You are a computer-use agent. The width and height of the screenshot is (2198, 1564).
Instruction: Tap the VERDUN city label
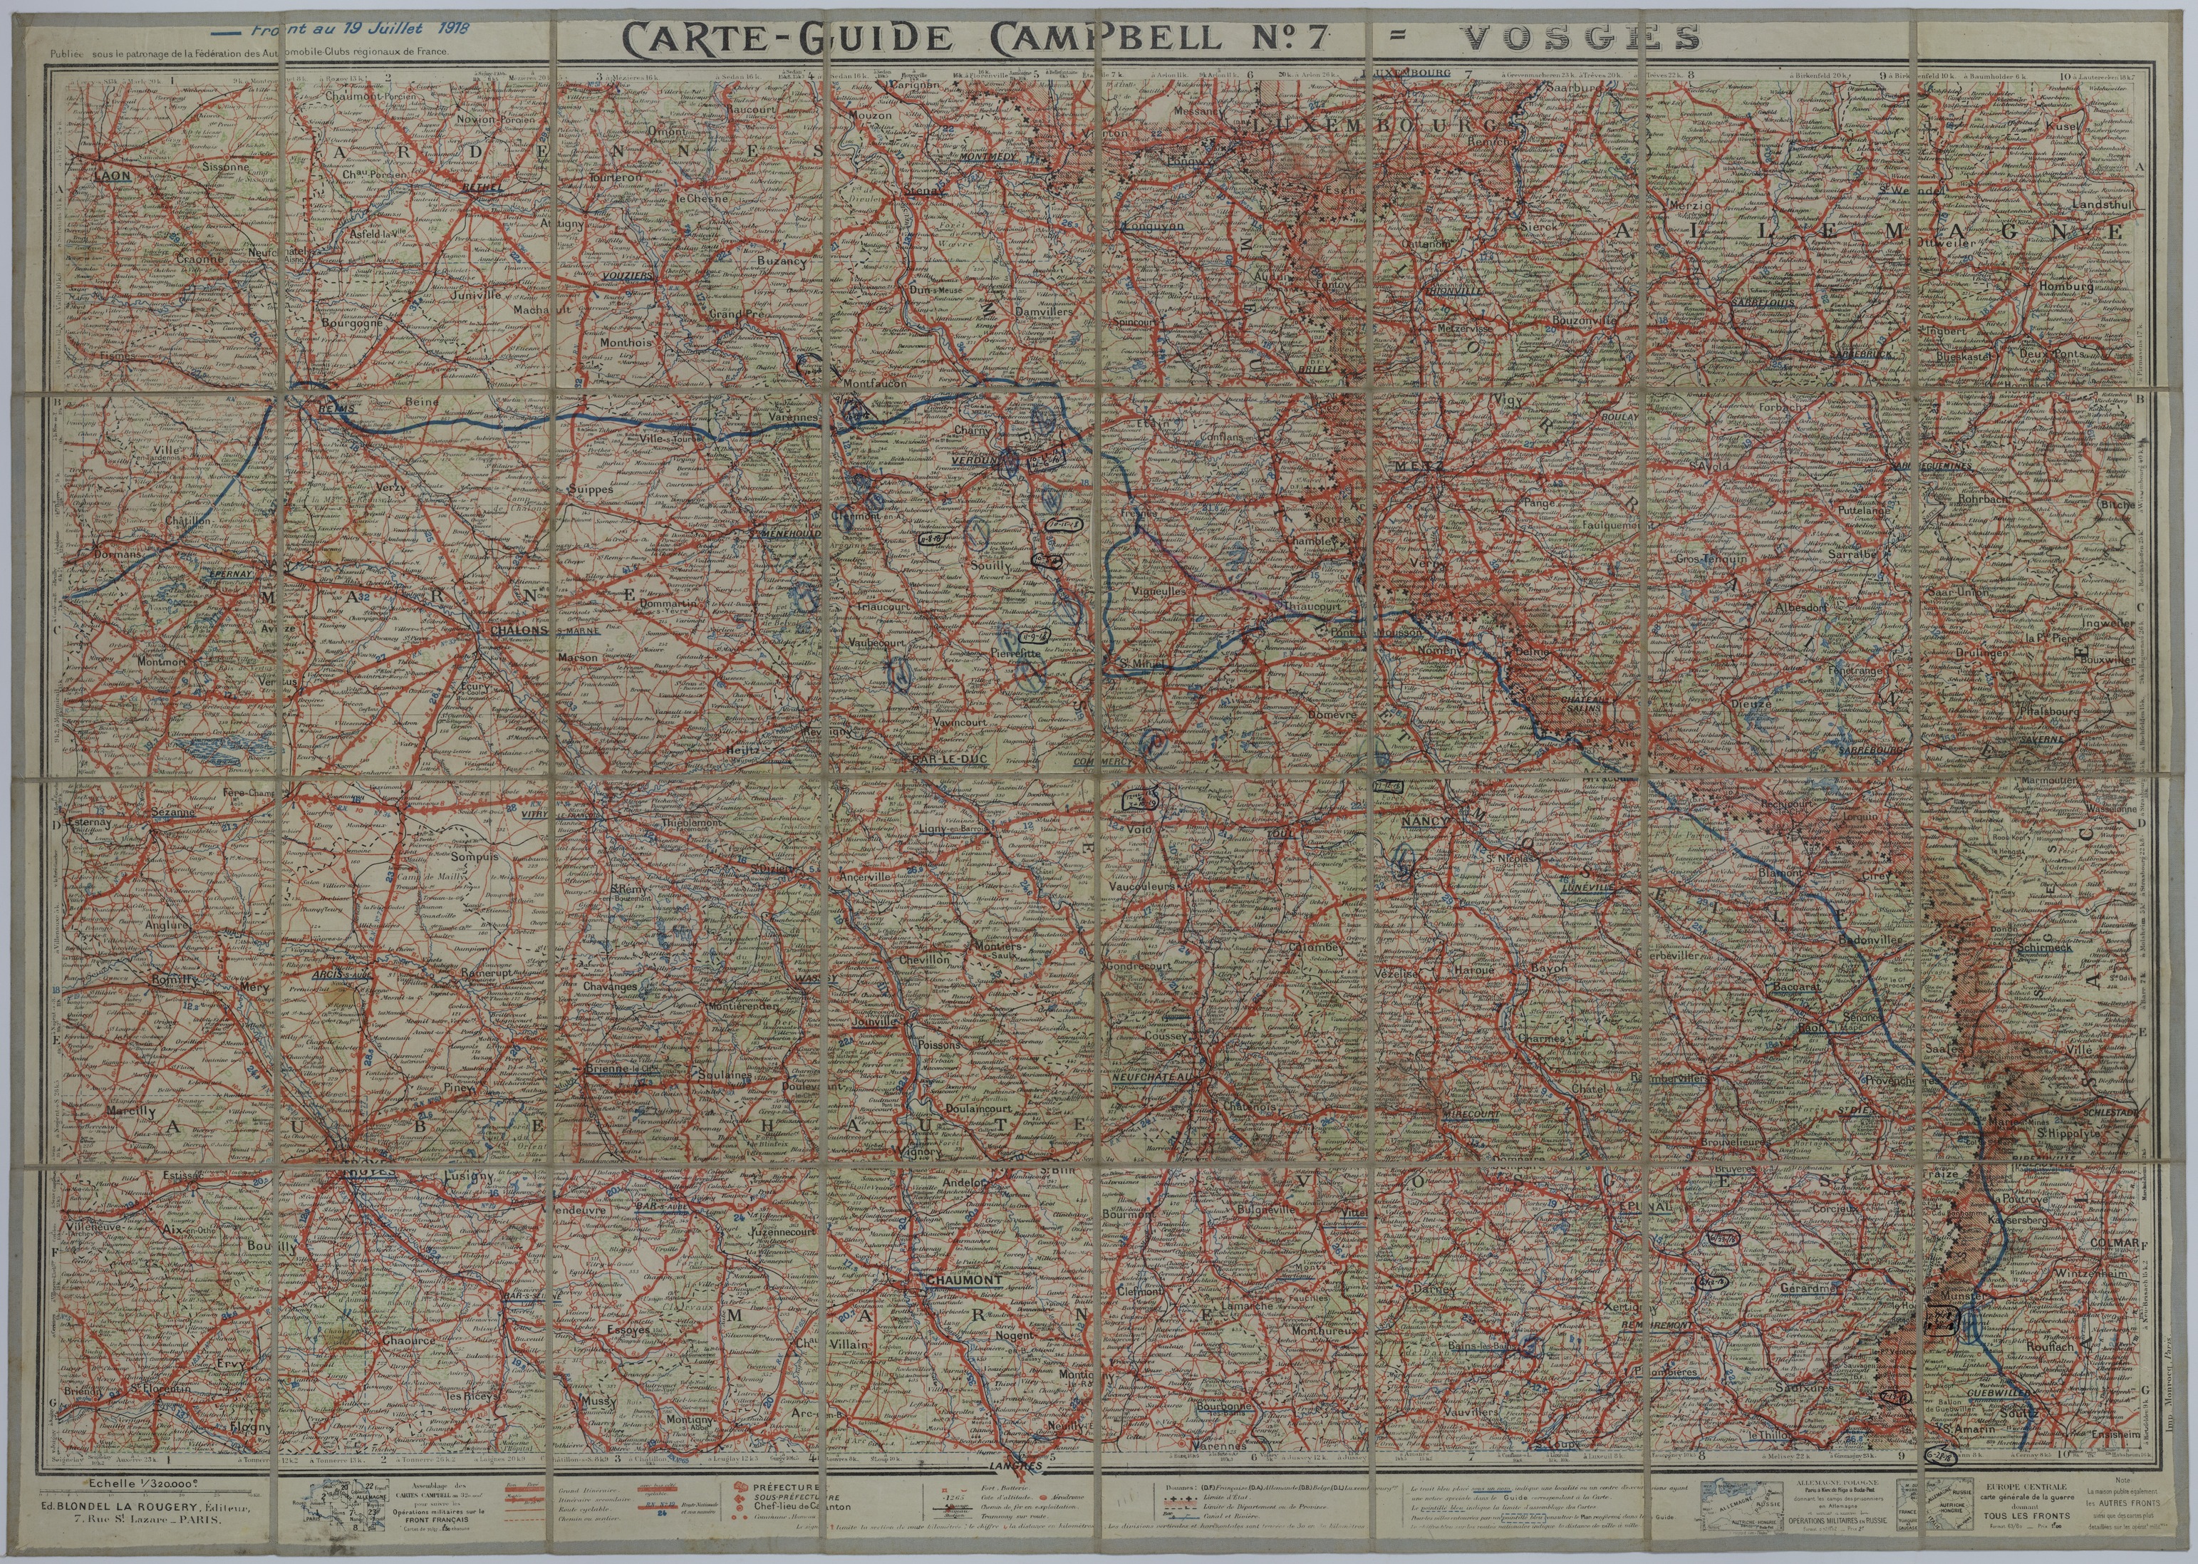pos(970,460)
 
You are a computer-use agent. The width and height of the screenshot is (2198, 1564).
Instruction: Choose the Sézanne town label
pos(173,811)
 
